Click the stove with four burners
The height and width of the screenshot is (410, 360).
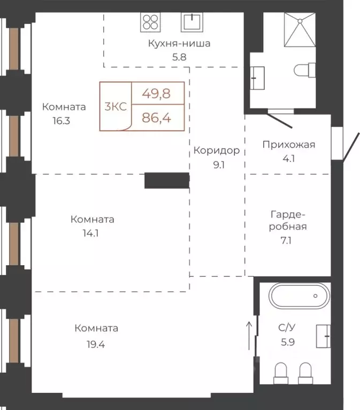(151, 22)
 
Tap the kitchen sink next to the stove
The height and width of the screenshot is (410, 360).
(192, 22)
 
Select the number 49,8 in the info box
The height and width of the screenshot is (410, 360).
(156, 94)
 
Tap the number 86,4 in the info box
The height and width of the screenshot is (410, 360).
(156, 118)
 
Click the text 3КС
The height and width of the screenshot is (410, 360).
(116, 106)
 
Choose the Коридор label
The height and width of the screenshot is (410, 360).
(216, 150)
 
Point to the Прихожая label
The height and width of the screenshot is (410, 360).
(288, 144)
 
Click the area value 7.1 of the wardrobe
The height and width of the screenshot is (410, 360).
(288, 241)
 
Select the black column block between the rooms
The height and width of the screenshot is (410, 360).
(166, 181)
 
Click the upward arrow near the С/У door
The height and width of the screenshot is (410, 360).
(249, 329)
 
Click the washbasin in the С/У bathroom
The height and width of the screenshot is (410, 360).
(323, 336)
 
